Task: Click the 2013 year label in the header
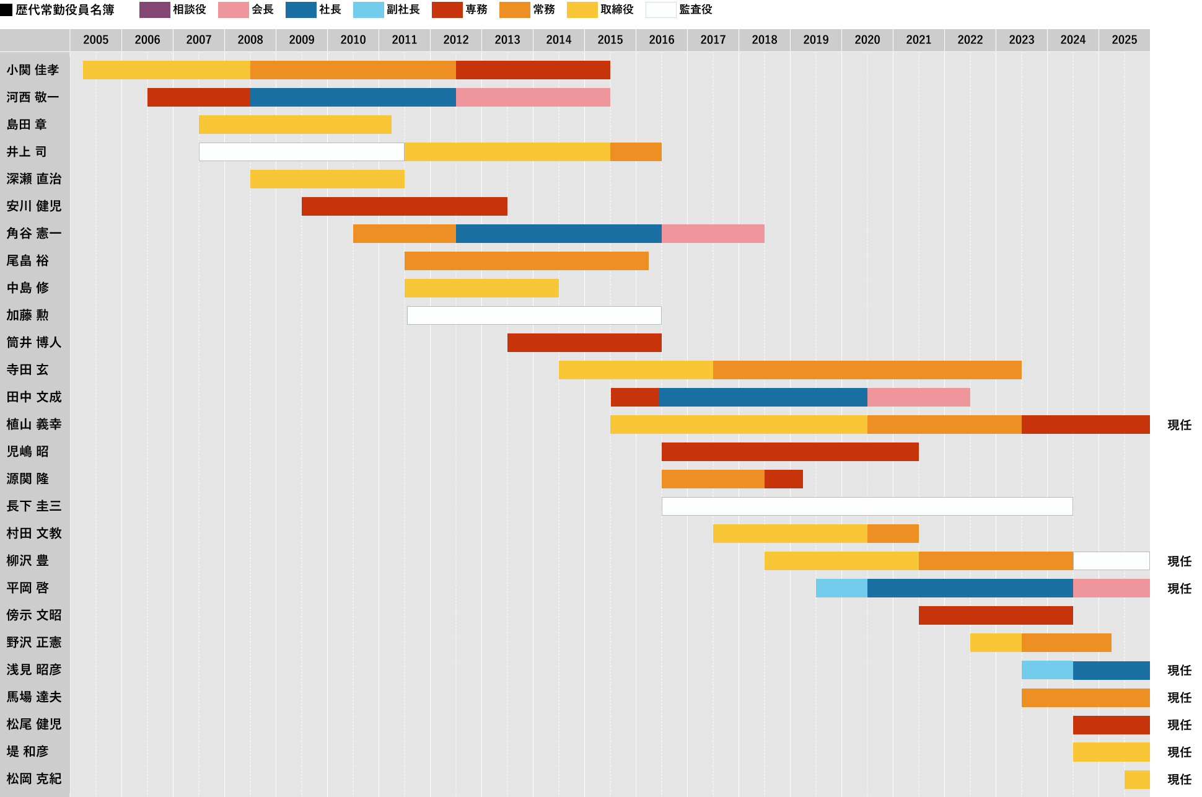[507, 40]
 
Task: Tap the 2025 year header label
[1124, 40]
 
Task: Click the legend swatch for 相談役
[154, 10]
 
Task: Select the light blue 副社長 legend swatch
[368, 10]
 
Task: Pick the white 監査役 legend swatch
[660, 10]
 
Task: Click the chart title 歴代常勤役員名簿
[64, 10]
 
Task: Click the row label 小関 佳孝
[33, 70]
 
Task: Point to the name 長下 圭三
[34, 506]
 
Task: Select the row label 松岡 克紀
[34, 779]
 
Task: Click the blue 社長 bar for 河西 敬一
[353, 97]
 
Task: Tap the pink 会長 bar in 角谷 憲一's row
[713, 234]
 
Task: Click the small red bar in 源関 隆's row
[783, 479]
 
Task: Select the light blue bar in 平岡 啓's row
[841, 588]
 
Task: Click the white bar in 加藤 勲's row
[533, 315]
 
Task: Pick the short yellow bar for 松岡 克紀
[1136, 779]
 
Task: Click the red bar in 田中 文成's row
[634, 397]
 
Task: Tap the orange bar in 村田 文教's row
[892, 534]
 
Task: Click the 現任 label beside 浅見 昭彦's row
[1179, 670]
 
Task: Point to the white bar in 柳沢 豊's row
[1111, 561]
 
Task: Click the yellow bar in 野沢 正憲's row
[995, 643]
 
